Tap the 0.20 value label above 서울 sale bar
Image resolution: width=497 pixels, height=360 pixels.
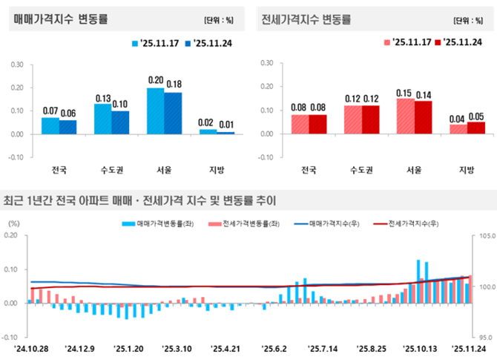coord(156,80)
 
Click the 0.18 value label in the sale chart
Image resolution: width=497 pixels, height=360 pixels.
coord(173,85)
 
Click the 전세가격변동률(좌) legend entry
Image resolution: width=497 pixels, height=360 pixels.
coord(235,223)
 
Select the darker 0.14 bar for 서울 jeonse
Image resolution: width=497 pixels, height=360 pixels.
coord(423,117)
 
